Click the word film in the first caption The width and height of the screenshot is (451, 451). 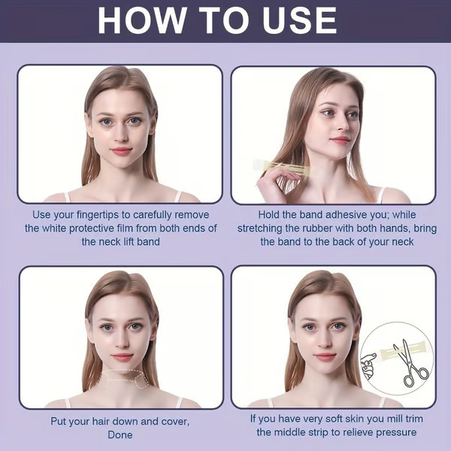tap(133, 228)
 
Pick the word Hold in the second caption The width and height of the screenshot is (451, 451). tap(270, 214)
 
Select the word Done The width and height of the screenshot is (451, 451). tap(120, 434)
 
